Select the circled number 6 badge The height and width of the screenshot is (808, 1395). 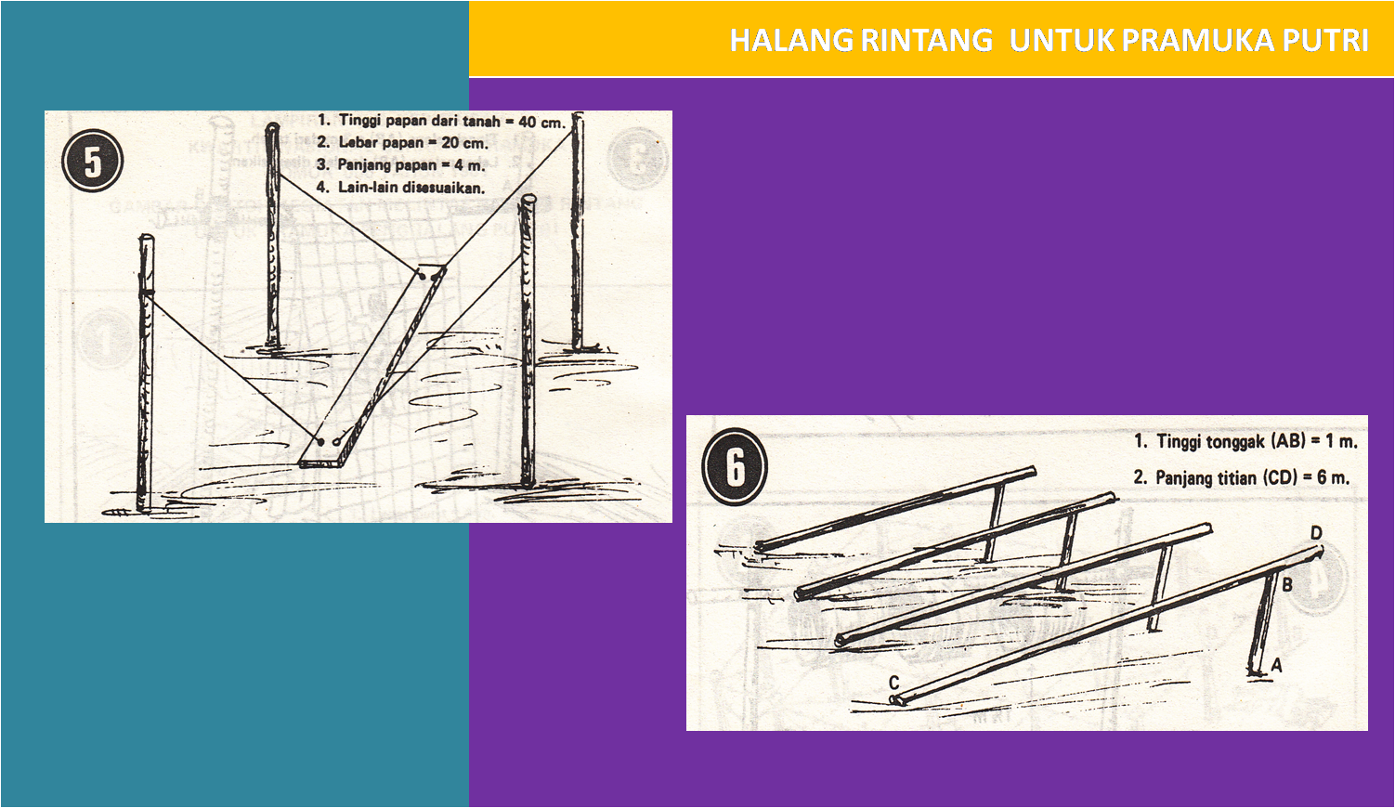pyautogui.click(x=735, y=466)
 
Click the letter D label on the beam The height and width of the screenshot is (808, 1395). pyautogui.click(x=1315, y=533)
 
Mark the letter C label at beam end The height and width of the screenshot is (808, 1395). pyautogui.click(x=893, y=683)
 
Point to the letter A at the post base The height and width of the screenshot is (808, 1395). pyautogui.click(x=1277, y=665)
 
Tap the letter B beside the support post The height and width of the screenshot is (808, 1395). pyautogui.click(x=1287, y=585)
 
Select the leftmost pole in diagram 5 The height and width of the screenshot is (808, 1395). pyautogui.click(x=144, y=371)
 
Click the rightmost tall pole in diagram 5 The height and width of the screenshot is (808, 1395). pyautogui.click(x=577, y=232)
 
